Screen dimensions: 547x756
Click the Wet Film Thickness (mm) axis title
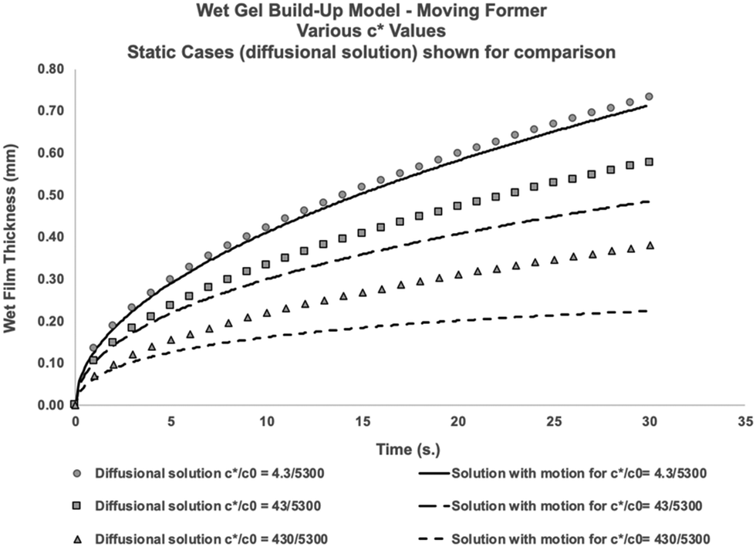point(12,237)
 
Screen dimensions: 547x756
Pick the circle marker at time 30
point(649,96)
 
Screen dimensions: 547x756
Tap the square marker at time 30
point(649,162)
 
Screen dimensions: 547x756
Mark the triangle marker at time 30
point(649,245)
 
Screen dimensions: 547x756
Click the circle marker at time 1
point(94,348)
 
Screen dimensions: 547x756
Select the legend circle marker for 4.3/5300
point(73,473)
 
